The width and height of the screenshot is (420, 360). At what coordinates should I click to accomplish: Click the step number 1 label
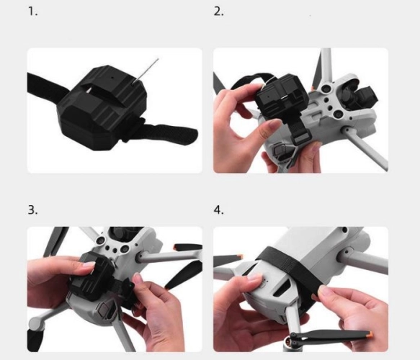[32, 12]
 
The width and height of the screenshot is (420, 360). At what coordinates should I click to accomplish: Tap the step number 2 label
[218, 12]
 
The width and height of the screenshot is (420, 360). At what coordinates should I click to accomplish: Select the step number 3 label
[32, 210]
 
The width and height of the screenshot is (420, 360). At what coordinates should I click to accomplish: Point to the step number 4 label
[218, 210]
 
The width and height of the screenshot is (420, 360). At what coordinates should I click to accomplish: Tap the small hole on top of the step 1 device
[112, 78]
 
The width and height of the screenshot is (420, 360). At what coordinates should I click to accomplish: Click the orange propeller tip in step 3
[177, 246]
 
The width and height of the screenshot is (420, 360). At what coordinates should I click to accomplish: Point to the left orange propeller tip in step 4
[240, 257]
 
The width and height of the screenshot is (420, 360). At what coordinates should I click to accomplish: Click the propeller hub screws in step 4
[295, 336]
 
